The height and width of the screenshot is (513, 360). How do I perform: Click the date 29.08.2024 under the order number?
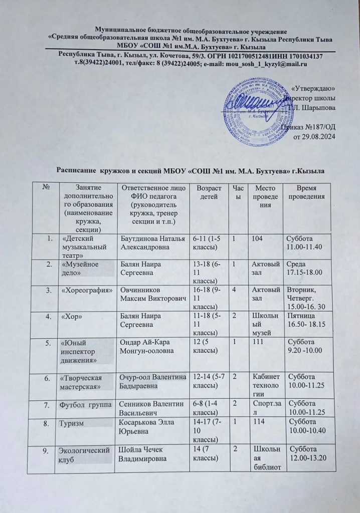click(x=313, y=137)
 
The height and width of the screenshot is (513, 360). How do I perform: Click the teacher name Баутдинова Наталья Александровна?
click(x=150, y=242)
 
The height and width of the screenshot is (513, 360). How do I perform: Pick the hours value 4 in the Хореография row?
click(x=235, y=291)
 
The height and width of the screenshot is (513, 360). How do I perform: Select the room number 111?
click(x=257, y=344)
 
